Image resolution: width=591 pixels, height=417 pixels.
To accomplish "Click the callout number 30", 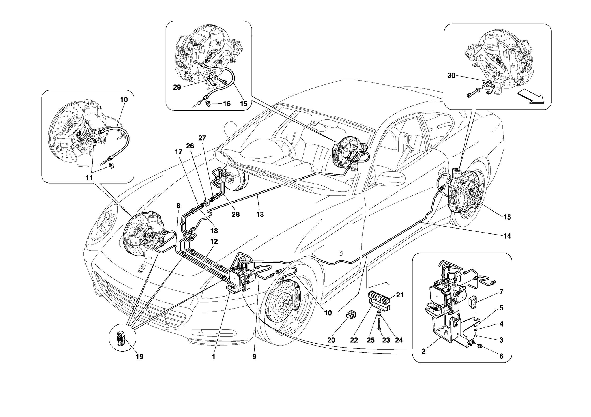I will (x=451, y=76).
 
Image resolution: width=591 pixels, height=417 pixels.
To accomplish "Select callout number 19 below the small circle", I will (x=139, y=357).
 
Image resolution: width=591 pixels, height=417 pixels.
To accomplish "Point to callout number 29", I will (x=177, y=87).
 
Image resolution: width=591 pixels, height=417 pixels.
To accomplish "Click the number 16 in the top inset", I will (x=227, y=104).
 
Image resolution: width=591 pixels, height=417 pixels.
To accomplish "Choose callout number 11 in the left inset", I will (x=89, y=178).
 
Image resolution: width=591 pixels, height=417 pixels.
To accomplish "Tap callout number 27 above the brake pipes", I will (x=202, y=138).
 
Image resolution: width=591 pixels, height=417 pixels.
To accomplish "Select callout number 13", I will (x=260, y=214).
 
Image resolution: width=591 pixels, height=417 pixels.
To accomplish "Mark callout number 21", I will (x=399, y=295).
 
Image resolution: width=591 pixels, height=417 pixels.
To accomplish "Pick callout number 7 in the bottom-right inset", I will (x=501, y=292).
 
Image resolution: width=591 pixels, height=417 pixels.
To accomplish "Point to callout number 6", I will (x=501, y=356).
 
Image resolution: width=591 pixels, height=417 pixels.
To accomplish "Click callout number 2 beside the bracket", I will (x=423, y=352).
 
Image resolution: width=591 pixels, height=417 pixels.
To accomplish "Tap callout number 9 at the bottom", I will (x=254, y=357).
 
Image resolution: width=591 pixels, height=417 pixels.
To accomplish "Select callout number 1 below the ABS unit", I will (x=214, y=357).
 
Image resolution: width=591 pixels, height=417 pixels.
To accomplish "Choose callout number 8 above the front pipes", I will (x=178, y=206).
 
